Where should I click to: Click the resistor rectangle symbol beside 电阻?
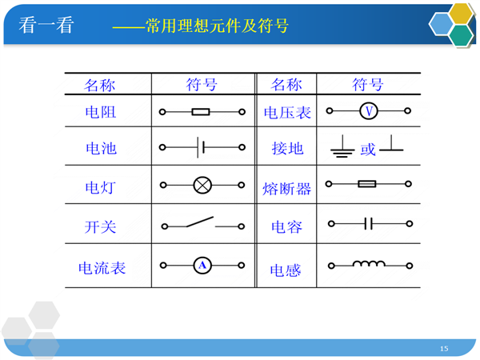201,112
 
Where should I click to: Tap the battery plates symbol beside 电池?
201,147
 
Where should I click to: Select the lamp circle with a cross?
202,186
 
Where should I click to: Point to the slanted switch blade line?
200,222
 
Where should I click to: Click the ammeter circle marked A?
202,265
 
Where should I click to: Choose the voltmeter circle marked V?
369,111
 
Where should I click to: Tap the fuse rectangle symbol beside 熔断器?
366,184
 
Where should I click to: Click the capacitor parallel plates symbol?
369,223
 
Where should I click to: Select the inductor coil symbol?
369,264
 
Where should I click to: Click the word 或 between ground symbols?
368,150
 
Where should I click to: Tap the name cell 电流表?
102,268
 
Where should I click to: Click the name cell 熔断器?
286,189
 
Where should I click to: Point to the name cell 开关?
101,227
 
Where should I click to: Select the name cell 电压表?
287,113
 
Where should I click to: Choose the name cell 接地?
287,149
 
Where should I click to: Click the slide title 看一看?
46,25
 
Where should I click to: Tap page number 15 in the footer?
444,348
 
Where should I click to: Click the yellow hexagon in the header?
461,14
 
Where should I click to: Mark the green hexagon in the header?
462,35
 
